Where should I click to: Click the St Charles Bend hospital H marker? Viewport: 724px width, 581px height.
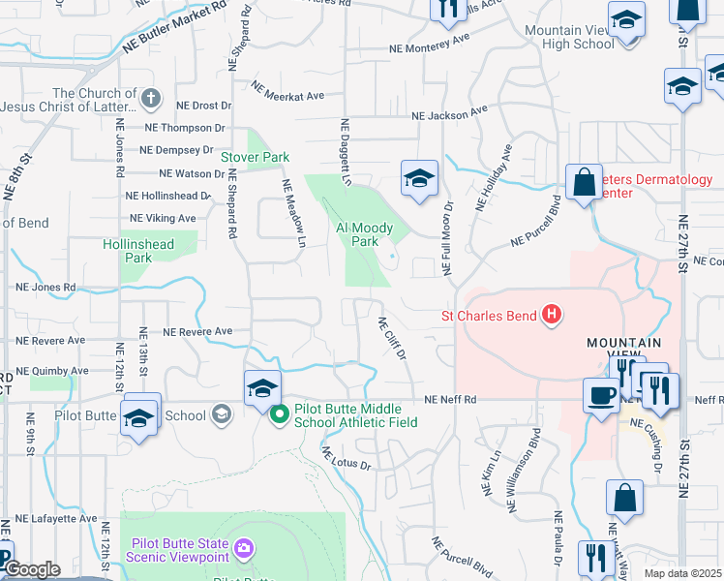552,315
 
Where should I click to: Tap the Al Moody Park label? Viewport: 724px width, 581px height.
364,234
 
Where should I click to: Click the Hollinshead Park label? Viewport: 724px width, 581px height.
139,251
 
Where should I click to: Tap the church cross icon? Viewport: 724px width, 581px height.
151,98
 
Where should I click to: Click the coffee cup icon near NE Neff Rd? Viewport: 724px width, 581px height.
600,394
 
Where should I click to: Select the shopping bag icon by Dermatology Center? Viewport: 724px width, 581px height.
585,181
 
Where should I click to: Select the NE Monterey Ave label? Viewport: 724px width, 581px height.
429,44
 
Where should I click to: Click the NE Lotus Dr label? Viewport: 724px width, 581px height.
346,458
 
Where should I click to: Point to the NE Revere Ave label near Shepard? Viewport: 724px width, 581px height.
197,331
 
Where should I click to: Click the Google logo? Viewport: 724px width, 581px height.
33,569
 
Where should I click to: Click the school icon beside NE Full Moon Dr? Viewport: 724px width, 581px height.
419,178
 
